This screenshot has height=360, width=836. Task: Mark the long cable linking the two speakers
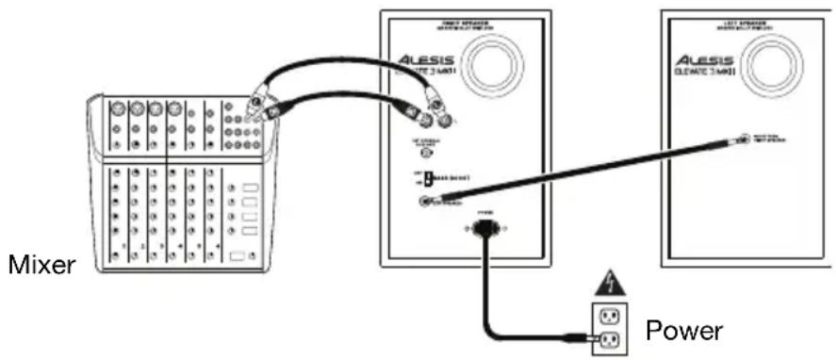[584, 170]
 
